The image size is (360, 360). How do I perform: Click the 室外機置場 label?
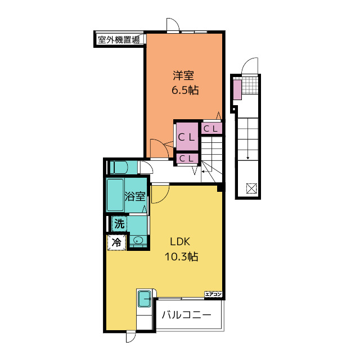(x=119, y=40)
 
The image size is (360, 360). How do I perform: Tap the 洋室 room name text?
(x=183, y=75)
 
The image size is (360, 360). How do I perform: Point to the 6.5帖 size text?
(x=185, y=90)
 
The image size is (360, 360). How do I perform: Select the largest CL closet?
(x=187, y=137)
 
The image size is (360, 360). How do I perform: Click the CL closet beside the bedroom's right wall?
(x=211, y=129)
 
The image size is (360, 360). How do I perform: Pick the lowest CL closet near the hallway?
(x=187, y=159)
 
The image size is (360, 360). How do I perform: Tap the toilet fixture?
(x=119, y=168)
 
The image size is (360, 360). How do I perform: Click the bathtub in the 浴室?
(x=115, y=195)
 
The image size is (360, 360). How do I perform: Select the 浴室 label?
(x=135, y=196)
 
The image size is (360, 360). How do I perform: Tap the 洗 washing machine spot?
(x=119, y=223)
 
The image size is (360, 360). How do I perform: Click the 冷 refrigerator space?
(x=116, y=242)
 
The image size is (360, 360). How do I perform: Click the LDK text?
(x=180, y=242)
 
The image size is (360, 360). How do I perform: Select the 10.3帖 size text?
(x=181, y=256)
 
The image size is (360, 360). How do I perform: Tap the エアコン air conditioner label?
(x=213, y=294)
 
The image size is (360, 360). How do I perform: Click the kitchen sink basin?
(x=145, y=299)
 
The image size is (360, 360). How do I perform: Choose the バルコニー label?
(x=186, y=315)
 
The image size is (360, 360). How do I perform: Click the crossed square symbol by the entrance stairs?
(x=251, y=188)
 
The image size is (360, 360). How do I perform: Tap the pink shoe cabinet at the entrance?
(x=237, y=89)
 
